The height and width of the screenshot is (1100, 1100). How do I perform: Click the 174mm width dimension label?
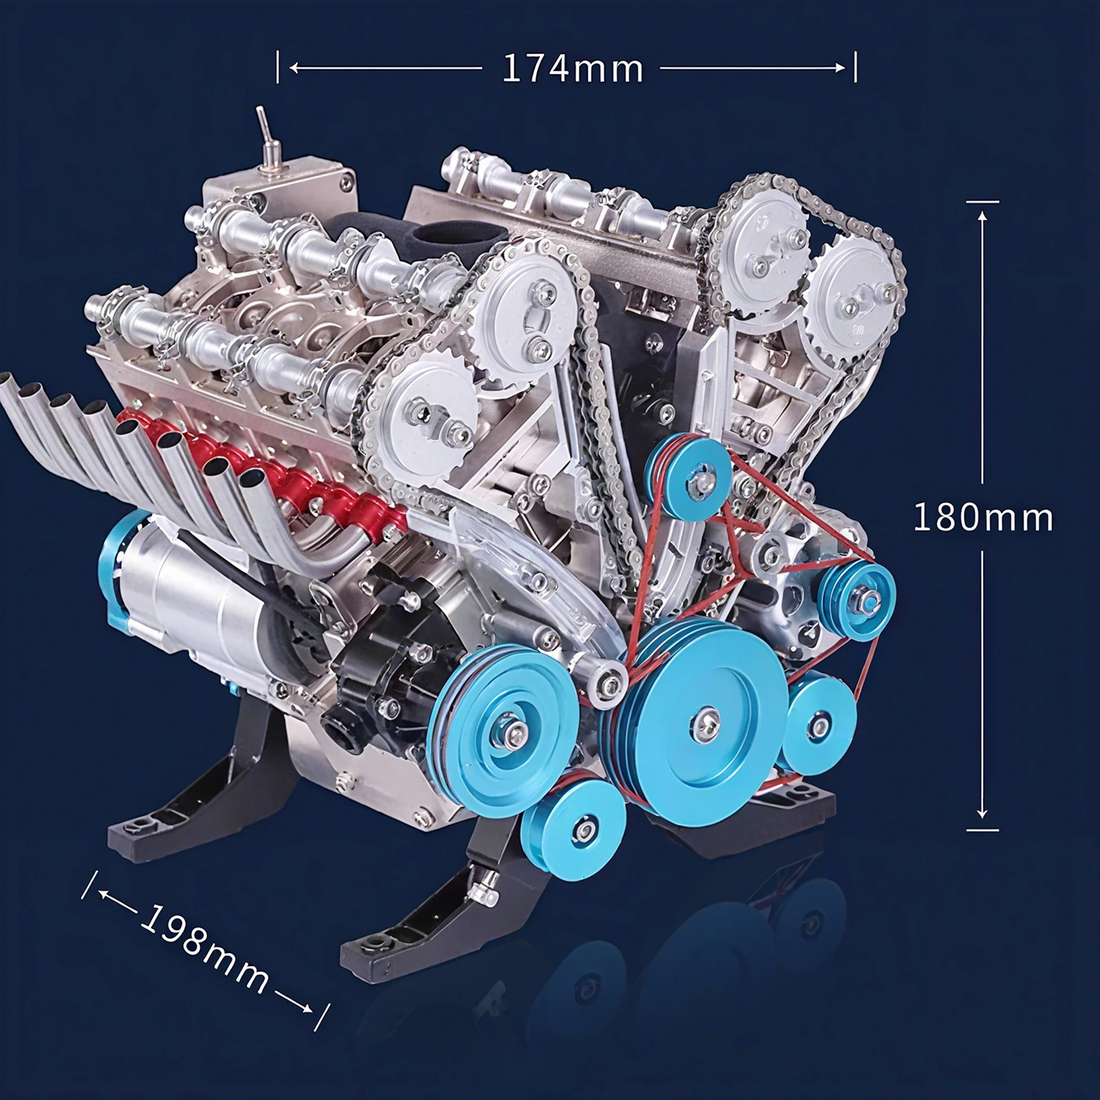point(573,68)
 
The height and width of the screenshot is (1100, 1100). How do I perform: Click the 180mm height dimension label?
point(982,517)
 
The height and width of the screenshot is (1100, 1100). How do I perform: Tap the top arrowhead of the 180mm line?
point(982,216)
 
